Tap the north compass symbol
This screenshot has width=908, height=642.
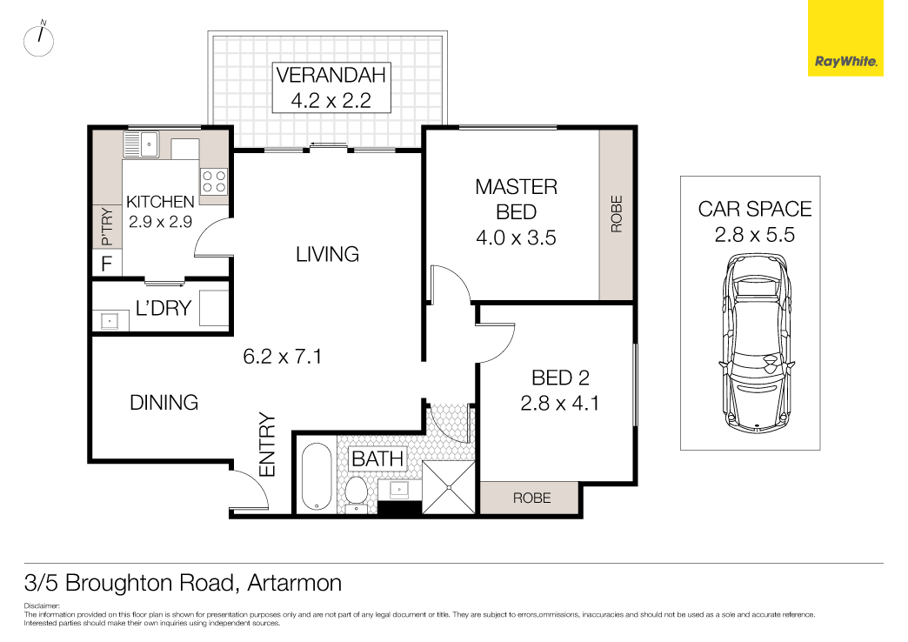39,41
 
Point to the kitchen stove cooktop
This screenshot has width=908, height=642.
214,181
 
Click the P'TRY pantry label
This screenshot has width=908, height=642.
106,227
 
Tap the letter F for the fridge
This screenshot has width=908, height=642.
106,264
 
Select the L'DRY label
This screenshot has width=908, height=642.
163,307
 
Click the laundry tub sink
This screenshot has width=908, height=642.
110,320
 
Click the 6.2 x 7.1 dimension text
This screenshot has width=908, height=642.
282,355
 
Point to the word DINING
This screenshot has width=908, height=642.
164,402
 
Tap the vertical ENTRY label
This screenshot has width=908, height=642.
267,445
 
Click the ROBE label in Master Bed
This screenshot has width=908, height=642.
617,214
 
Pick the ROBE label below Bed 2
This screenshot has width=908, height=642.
531,498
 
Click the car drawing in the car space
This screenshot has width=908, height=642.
758,344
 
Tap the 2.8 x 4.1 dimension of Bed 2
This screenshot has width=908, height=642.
559,403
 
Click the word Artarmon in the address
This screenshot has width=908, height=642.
294,582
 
